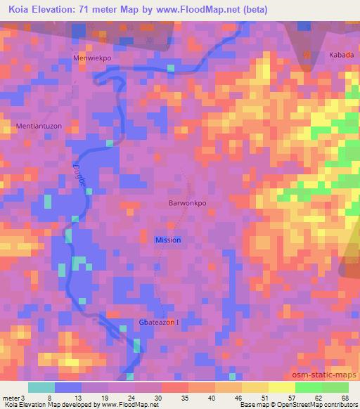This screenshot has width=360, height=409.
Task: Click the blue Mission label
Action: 168,240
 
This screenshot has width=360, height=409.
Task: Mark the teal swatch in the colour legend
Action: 41,387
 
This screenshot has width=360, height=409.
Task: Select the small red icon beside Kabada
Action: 306,54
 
